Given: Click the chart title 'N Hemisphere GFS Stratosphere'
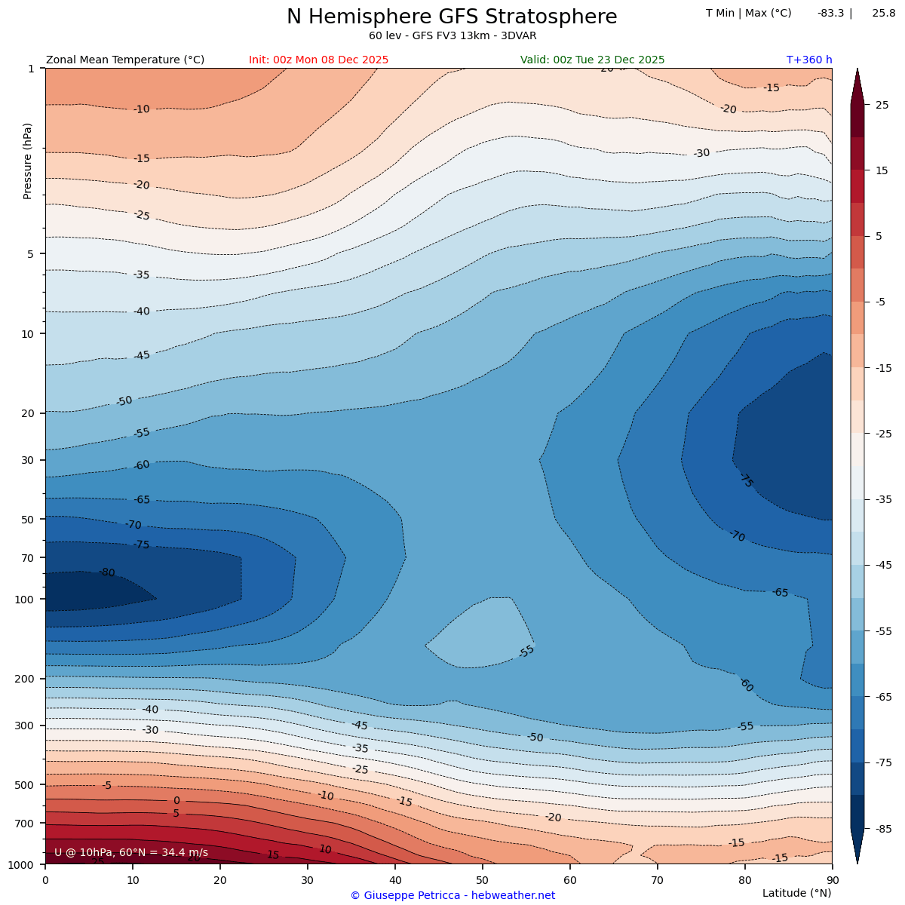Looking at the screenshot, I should coord(452,17).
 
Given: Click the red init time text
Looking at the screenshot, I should coord(318,60).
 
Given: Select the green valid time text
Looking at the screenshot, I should coord(592,60).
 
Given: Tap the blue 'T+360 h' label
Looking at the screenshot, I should coord(808,60).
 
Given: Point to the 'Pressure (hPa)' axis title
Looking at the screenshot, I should coord(28,161).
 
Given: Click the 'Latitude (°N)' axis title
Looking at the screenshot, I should coord(796,893).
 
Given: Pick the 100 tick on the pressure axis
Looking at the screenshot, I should coord(26,600).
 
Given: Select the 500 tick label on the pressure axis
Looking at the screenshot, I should coord(26,785).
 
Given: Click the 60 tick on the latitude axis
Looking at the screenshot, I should coord(570,879).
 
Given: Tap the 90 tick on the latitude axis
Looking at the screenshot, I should coord(832,879).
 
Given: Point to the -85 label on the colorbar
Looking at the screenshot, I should coord(882,829).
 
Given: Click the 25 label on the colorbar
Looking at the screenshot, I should coord(882,106).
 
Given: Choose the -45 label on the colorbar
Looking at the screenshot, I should coord(882,566).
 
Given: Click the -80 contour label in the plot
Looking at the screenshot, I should coord(107,573).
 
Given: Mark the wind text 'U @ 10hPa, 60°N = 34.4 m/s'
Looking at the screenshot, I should coord(131,853).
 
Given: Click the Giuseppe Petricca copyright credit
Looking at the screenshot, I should coord(452,896).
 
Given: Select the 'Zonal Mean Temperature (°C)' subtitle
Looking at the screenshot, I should coord(125,60).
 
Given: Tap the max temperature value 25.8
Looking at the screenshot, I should coord(883,14).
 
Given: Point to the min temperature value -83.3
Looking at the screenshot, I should coord(830,14).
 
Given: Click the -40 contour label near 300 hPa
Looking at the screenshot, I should coord(150,710).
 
